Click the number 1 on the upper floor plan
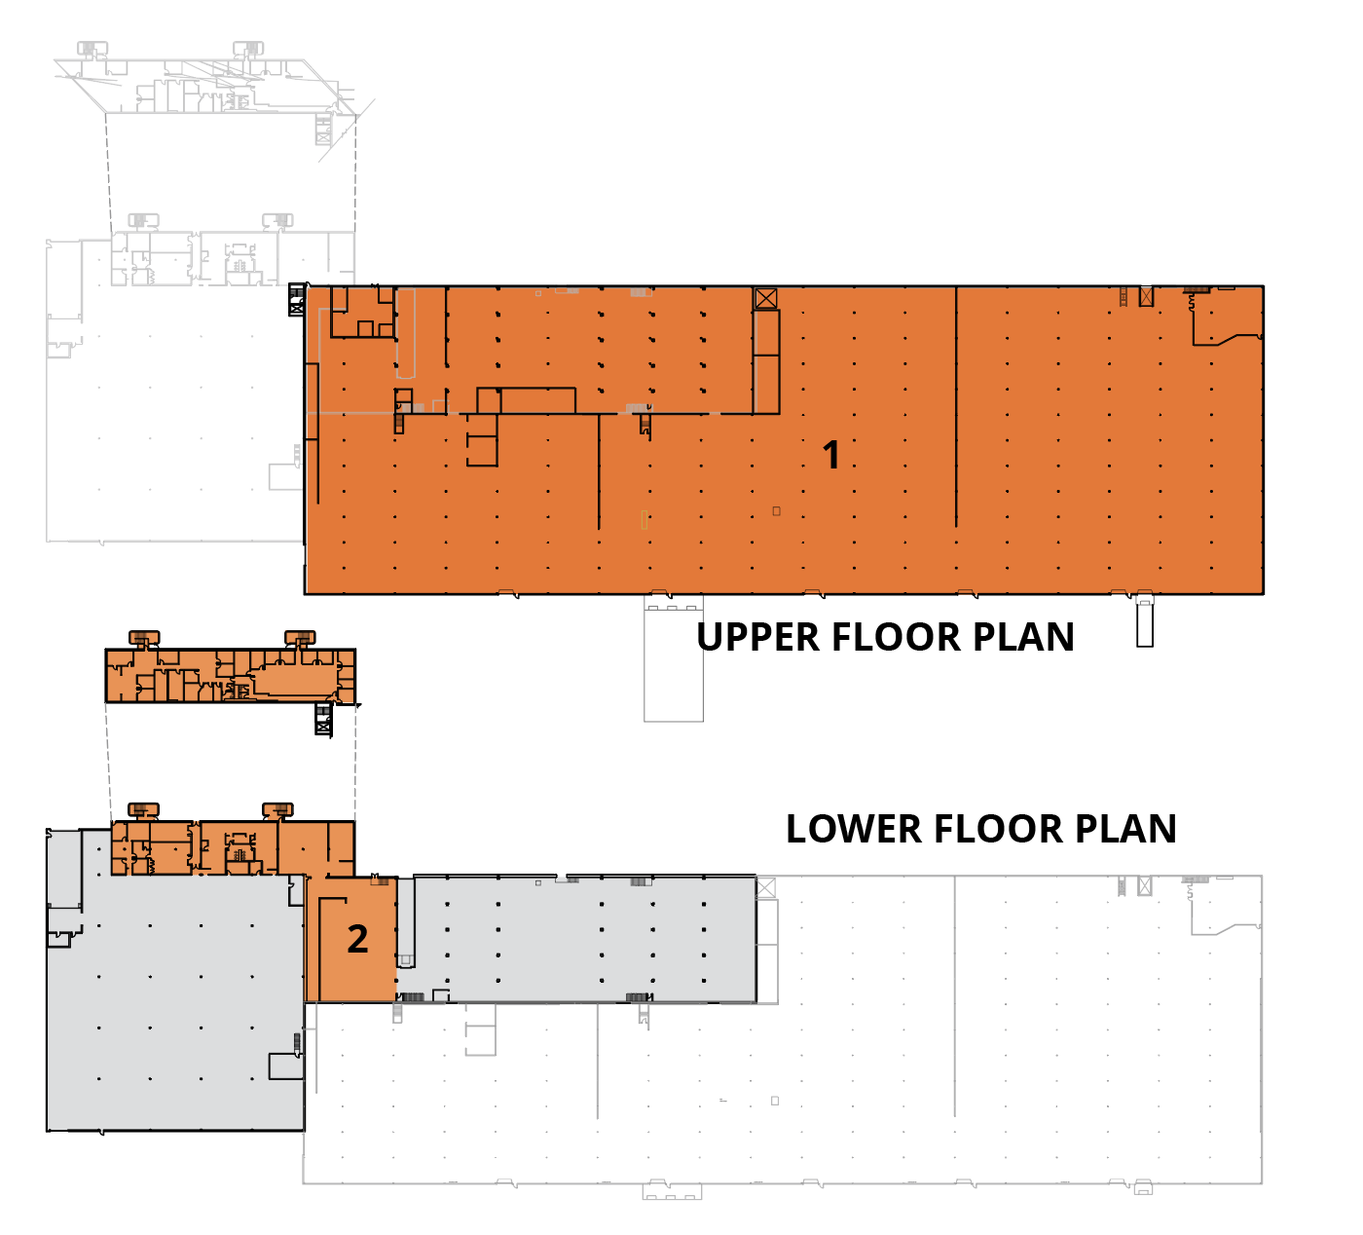(x=830, y=455)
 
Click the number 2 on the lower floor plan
(x=357, y=939)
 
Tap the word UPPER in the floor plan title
(x=758, y=637)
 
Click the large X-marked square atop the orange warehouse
(x=766, y=298)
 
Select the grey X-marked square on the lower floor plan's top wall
(x=766, y=887)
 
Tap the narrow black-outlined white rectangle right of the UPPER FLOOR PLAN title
(x=1145, y=623)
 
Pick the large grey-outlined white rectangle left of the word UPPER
(x=674, y=662)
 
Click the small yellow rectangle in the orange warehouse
(x=645, y=519)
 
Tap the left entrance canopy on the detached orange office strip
(x=144, y=638)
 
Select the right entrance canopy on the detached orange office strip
(x=300, y=638)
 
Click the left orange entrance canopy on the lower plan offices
(x=143, y=809)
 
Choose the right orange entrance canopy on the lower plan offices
(x=277, y=809)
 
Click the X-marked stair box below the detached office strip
(x=323, y=720)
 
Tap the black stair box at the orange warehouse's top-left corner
(x=297, y=300)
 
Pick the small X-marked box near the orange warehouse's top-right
(x=1146, y=296)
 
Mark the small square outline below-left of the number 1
(x=776, y=510)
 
